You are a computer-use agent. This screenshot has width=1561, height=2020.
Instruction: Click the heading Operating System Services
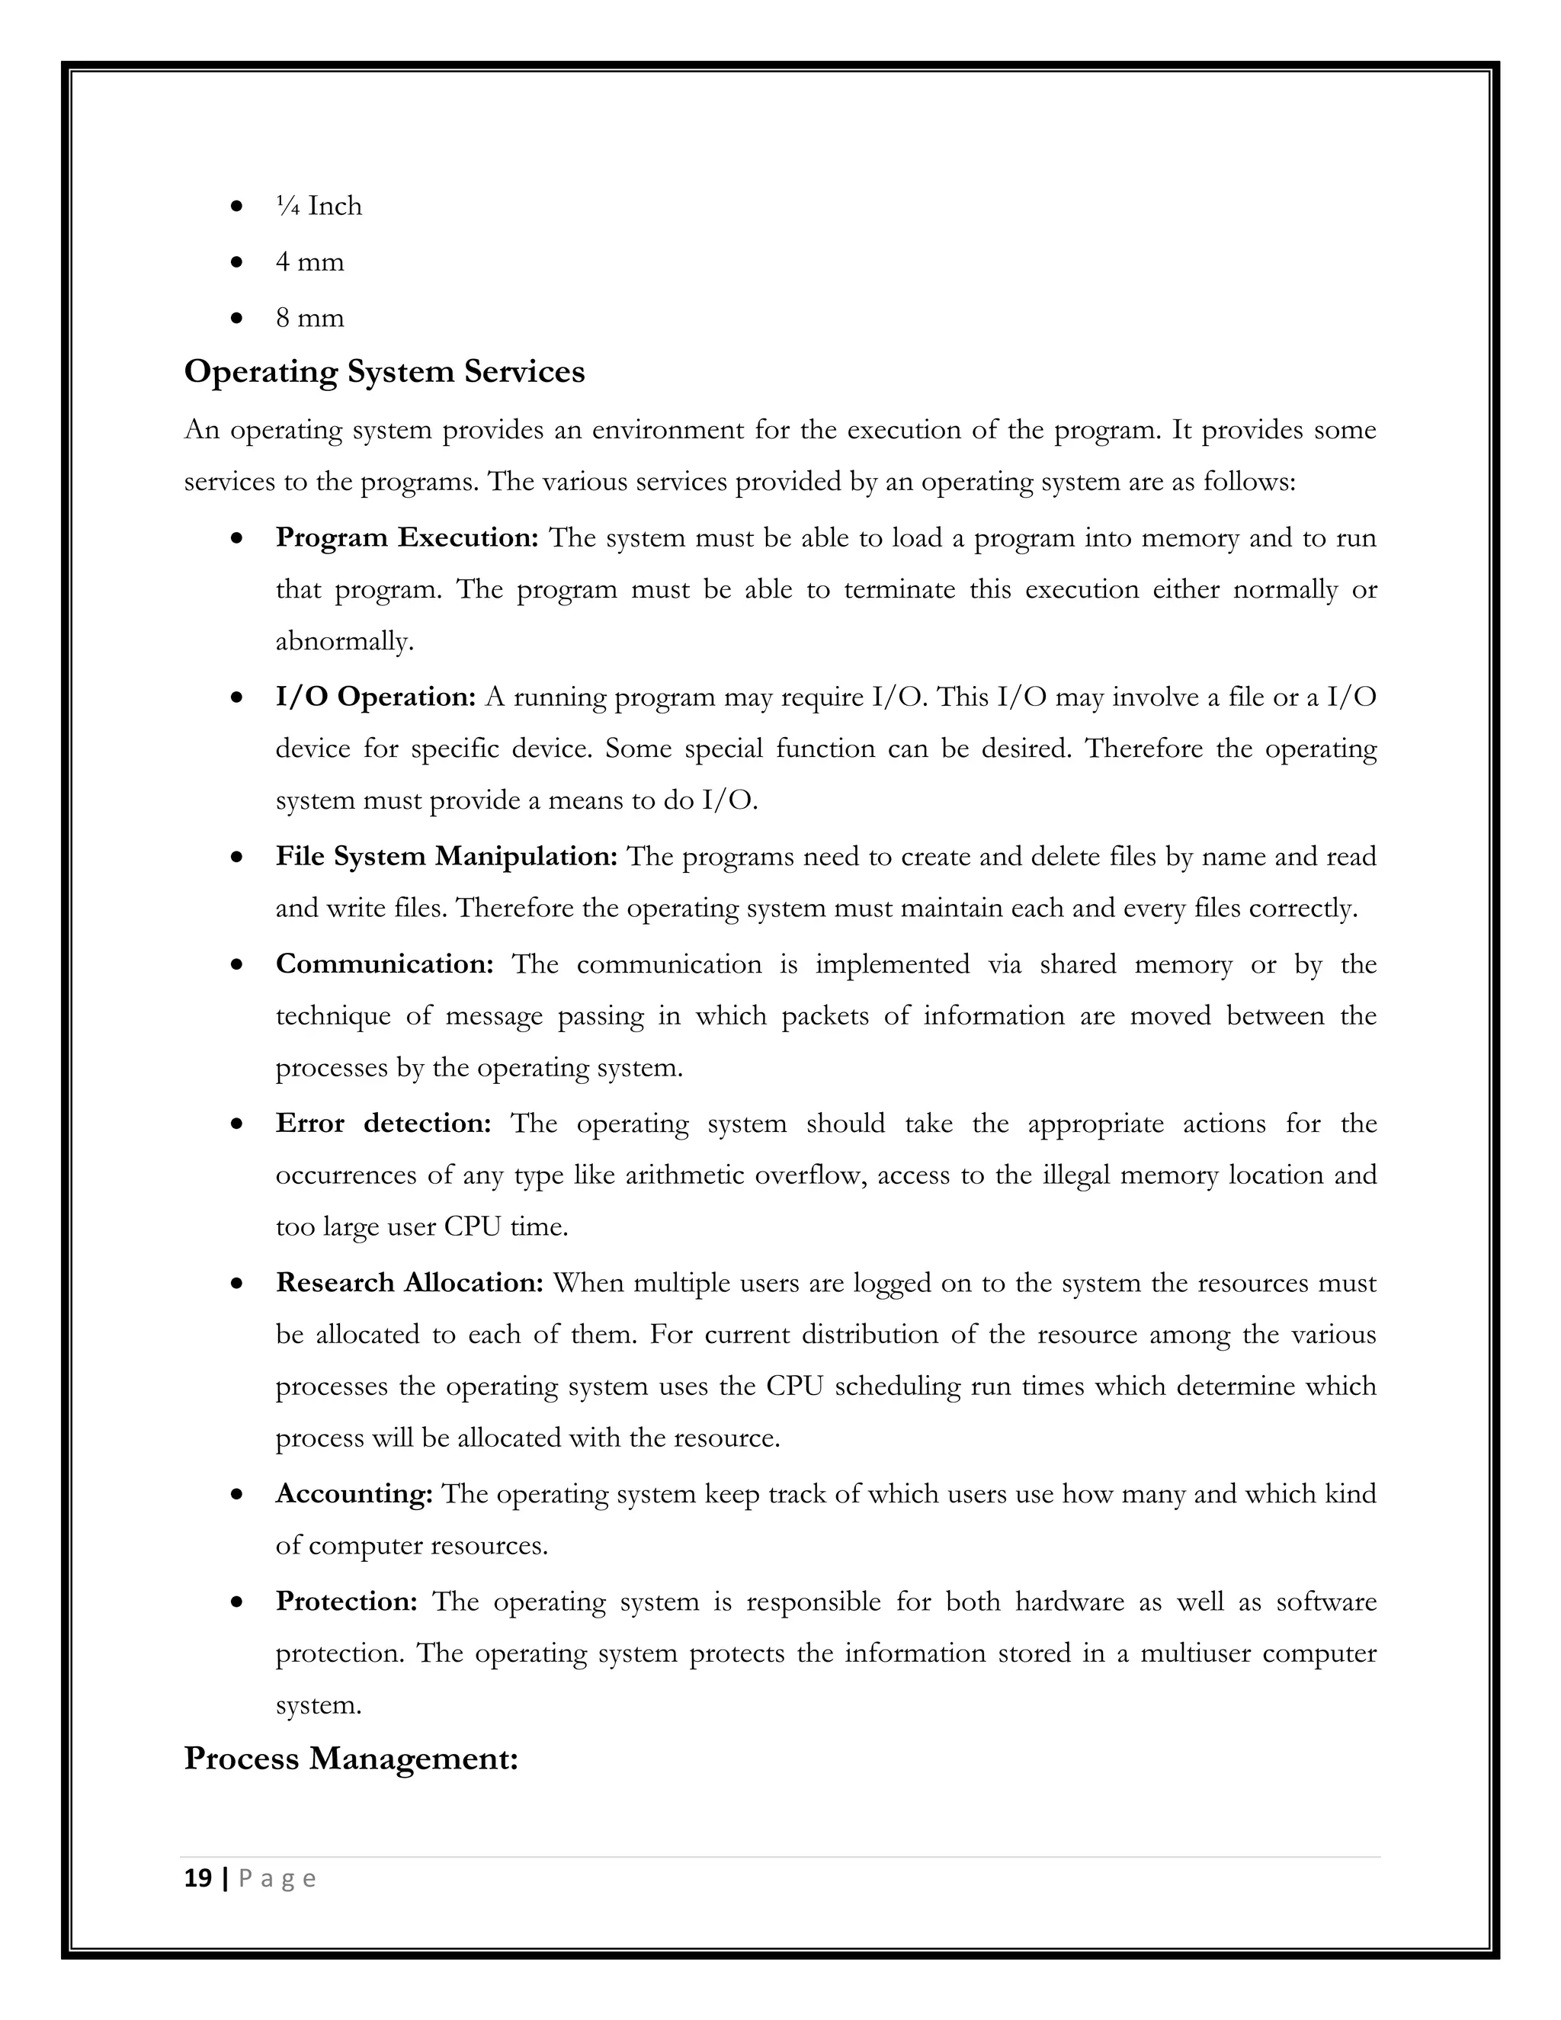pyautogui.click(x=384, y=372)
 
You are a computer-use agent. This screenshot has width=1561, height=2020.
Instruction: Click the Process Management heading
pyautogui.click(x=351, y=1759)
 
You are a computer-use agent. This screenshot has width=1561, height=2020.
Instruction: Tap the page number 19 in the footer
pyautogui.click(x=198, y=1878)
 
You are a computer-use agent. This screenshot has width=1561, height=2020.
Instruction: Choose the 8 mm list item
pyautogui.click(x=309, y=318)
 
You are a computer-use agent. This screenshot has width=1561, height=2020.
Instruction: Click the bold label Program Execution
pyautogui.click(x=407, y=537)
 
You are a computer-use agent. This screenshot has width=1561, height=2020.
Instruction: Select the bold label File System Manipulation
pyautogui.click(x=446, y=857)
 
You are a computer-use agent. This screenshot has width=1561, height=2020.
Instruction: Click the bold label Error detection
pyautogui.click(x=383, y=1123)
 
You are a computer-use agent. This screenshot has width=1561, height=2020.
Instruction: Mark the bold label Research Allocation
pyautogui.click(x=409, y=1283)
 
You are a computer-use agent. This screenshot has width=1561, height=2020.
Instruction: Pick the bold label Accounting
pyautogui.click(x=353, y=1494)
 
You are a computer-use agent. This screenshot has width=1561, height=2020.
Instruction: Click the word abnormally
pyautogui.click(x=344, y=641)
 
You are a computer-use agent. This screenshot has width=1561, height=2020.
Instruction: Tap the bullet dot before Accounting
pyautogui.click(x=238, y=1494)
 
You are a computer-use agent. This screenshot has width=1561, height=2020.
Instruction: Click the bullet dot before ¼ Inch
pyautogui.click(x=238, y=207)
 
